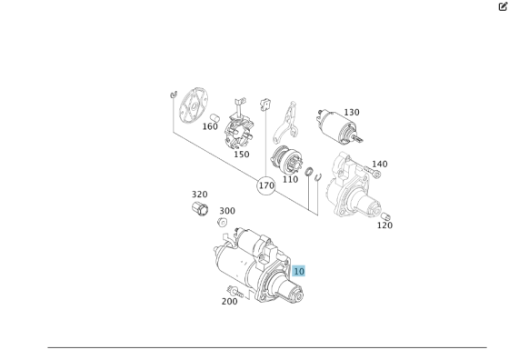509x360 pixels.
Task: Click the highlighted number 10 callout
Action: tap(299, 271)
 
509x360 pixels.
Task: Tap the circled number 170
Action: tap(266, 185)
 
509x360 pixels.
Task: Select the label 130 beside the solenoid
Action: tap(352, 113)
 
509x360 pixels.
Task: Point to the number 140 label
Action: tap(380, 165)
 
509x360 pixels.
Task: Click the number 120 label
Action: tap(384, 225)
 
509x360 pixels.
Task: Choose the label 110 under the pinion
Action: tap(290, 179)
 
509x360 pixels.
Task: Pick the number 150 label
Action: tap(241, 155)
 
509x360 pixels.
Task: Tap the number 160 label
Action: tap(210, 126)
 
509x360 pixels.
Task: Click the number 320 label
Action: tap(199, 195)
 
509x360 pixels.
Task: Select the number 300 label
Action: tap(227, 211)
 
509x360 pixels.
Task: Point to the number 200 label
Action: tap(229, 302)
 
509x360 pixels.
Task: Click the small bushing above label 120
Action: tap(384, 216)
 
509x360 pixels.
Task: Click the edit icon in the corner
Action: tap(503, 6)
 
